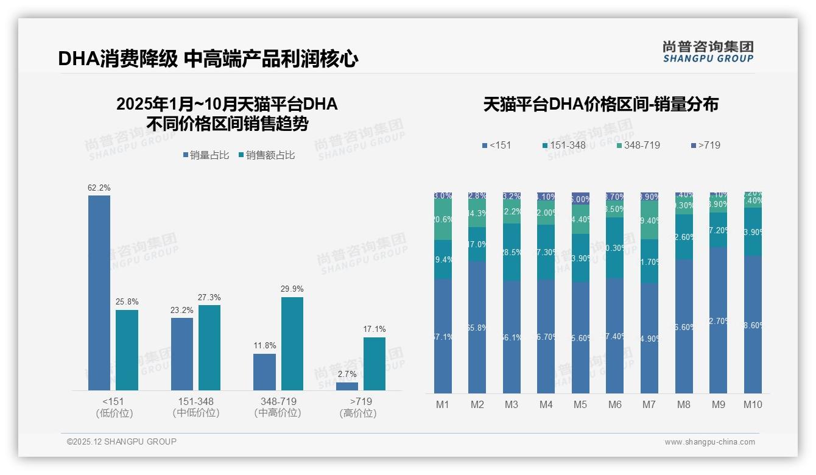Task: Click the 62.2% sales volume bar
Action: click(99, 292)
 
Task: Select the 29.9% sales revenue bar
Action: click(292, 343)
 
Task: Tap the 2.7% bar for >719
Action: click(347, 386)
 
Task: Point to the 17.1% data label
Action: click(375, 329)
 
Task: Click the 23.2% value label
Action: click(182, 310)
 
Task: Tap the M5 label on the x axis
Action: click(580, 404)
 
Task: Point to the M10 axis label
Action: click(753, 404)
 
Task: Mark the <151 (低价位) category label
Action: click(114, 407)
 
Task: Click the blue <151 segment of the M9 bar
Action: click(719, 320)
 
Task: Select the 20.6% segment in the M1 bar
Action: click(443, 219)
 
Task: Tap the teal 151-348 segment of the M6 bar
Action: click(615, 248)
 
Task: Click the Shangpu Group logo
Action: click(708, 52)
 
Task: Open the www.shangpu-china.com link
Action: click(709, 442)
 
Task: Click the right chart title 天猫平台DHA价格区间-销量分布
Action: click(601, 105)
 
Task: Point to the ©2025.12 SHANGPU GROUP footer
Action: click(122, 442)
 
